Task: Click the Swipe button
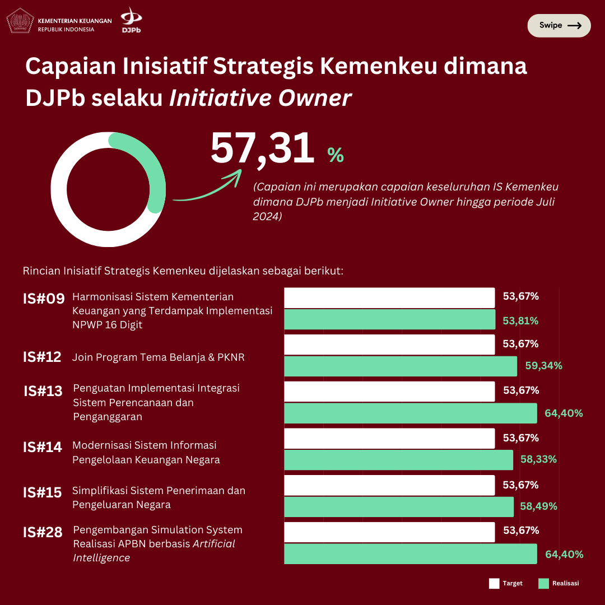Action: (x=559, y=25)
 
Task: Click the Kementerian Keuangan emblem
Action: (x=20, y=21)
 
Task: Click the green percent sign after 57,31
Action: (x=336, y=155)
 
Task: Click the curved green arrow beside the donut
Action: (x=207, y=188)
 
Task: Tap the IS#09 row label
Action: (x=44, y=299)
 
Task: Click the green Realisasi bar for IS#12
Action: (x=401, y=366)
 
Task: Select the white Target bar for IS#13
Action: (x=389, y=392)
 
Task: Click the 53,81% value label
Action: (x=520, y=321)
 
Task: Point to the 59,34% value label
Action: (x=543, y=366)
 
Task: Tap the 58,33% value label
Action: (x=538, y=459)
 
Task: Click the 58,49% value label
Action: (x=538, y=506)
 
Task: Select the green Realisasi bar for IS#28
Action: (x=411, y=553)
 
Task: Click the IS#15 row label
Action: (x=43, y=493)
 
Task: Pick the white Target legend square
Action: (x=494, y=584)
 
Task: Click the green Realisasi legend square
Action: (x=543, y=584)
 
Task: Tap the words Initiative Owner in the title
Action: (x=260, y=98)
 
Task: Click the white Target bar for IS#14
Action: (x=389, y=439)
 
